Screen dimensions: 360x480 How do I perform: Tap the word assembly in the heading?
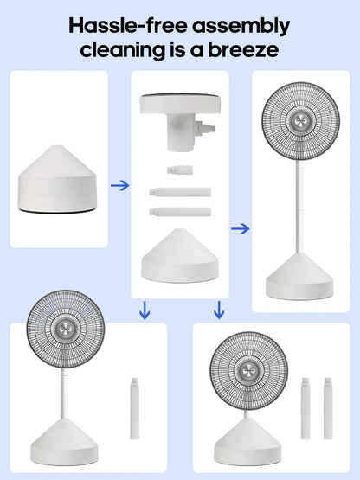pyautogui.click(x=241, y=27)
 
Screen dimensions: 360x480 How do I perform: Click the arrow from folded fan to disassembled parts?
pyautogui.click(x=119, y=185)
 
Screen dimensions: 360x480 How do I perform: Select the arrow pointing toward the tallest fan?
pyautogui.click(x=241, y=228)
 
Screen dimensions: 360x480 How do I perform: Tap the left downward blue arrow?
pyautogui.click(x=145, y=310)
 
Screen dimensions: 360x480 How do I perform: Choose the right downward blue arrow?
pyautogui.click(x=219, y=310)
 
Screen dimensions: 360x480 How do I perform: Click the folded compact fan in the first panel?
pyautogui.click(x=58, y=179)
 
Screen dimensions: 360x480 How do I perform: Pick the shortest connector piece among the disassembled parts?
pyautogui.click(x=180, y=170)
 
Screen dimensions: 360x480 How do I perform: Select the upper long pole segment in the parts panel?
pyautogui.click(x=180, y=192)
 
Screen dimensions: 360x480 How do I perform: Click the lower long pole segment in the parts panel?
pyautogui.click(x=180, y=212)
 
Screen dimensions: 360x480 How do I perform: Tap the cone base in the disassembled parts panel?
pyautogui.click(x=180, y=256)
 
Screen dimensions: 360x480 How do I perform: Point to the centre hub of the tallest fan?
pyautogui.click(x=300, y=121)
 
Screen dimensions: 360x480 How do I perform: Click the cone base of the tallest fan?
pyautogui.click(x=299, y=277)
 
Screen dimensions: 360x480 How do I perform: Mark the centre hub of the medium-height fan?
pyautogui.click(x=65, y=330)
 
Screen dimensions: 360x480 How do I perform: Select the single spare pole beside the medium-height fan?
pyautogui.click(x=134, y=409)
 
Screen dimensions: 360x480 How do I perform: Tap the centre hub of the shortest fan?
pyautogui.click(x=248, y=371)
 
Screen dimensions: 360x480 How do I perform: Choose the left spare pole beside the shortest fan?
pyautogui.click(x=305, y=409)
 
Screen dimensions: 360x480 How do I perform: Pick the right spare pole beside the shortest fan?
pyautogui.click(x=328, y=409)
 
